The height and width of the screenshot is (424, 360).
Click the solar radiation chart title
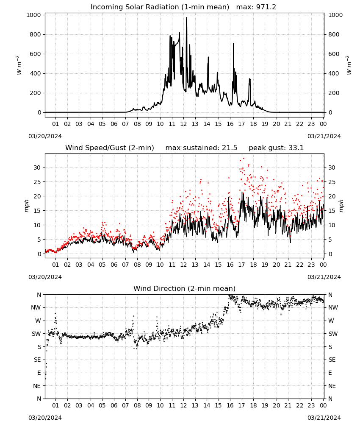183,7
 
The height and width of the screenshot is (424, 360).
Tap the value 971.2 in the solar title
266,7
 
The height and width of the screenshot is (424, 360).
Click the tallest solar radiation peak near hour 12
186,18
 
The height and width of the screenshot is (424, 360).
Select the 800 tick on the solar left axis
33,35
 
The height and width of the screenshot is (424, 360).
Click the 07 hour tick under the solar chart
126,124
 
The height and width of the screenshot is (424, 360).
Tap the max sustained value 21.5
230,148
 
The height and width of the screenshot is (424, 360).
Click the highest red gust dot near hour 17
244,159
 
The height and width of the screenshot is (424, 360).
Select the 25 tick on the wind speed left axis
37,182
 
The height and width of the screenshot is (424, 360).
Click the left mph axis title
26,206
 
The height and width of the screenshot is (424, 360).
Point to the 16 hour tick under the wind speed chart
230,265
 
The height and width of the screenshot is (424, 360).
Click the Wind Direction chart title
185,288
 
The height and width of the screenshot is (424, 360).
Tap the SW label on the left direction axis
36,334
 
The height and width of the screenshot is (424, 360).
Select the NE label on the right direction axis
332,386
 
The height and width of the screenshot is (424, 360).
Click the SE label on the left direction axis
38,360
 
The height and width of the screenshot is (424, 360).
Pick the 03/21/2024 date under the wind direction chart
324,418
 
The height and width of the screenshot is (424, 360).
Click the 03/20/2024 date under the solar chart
45,136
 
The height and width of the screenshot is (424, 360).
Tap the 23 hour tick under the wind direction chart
311,406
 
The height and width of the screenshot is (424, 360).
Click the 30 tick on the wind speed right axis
332,167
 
